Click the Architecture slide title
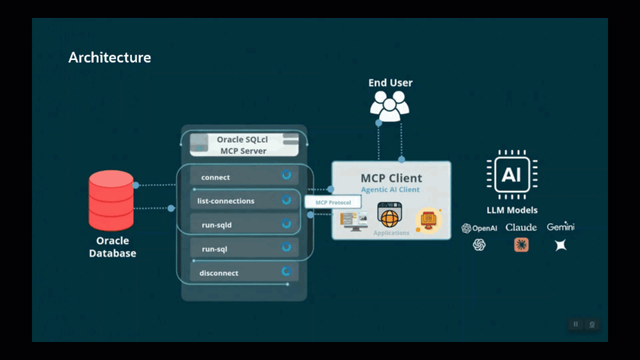coord(109,57)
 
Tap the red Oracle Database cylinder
coord(111,200)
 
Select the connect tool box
coord(244,176)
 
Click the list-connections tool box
coord(244,200)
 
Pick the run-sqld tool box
coord(244,224)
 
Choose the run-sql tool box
coord(244,248)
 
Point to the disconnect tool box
coord(244,272)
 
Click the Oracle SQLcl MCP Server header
coord(243,145)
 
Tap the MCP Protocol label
coord(333,202)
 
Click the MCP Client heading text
coord(391,178)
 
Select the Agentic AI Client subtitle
coord(390,190)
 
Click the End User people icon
coord(389,106)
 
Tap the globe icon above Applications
coord(389,217)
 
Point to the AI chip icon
coord(511,174)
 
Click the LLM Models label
coord(512,210)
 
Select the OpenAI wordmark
coord(479,228)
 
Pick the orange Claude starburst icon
coord(521,244)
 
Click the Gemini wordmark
coord(560,227)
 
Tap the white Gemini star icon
coord(560,244)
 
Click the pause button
coord(575,324)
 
